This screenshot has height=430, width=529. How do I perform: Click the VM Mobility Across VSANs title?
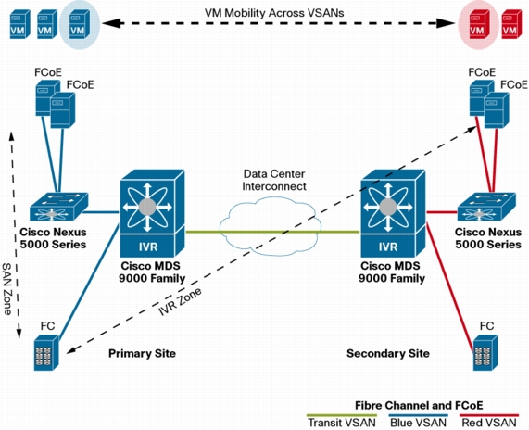pyautogui.click(x=274, y=13)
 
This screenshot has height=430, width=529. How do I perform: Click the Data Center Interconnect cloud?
pyautogui.click(x=270, y=226)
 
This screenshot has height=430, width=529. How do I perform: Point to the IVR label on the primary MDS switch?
pyautogui.click(x=148, y=247)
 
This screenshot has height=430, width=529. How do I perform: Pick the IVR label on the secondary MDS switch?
pyautogui.click(x=388, y=247)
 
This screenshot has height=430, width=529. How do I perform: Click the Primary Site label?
pyautogui.click(x=142, y=353)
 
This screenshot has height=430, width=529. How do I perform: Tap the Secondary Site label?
pyautogui.click(x=388, y=353)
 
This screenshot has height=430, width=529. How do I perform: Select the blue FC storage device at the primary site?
pyautogui.click(x=46, y=353)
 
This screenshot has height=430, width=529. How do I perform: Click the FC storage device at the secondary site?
pyautogui.click(x=485, y=353)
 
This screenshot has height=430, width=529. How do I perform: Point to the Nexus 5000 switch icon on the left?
pyautogui.click(x=58, y=207)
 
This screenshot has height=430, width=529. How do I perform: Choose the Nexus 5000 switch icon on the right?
pyautogui.click(x=486, y=207)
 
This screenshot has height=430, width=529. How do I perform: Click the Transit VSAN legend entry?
pyautogui.click(x=342, y=423)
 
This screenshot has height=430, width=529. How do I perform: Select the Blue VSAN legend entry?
pyautogui.click(x=418, y=423)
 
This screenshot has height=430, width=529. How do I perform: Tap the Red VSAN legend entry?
pyautogui.click(x=489, y=423)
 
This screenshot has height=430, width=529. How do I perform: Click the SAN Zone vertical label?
pyautogui.click(x=7, y=289)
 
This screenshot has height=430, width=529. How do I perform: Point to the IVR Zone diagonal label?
pyautogui.click(x=180, y=301)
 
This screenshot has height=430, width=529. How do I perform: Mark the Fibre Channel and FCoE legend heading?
pyautogui.click(x=419, y=405)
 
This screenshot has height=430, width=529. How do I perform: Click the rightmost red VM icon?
pyautogui.click(x=510, y=24)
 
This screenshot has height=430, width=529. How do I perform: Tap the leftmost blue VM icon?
pyautogui.click(x=19, y=24)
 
